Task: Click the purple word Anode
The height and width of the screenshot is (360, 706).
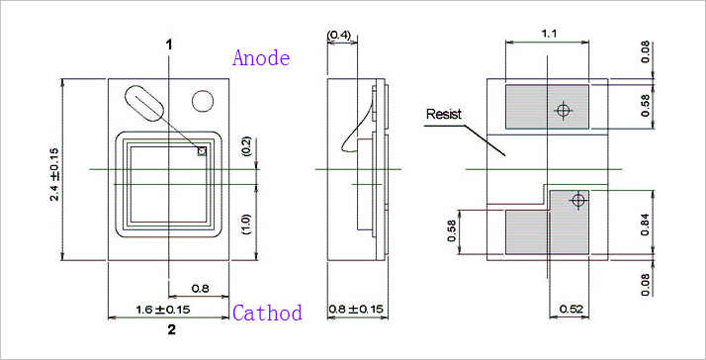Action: (x=261, y=57)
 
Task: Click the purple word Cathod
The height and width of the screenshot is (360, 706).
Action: (x=267, y=313)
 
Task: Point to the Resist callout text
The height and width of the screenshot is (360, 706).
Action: (x=444, y=114)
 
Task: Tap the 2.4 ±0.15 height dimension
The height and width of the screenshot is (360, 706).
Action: (x=54, y=170)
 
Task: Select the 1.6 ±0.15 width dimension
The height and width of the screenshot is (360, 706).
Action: (x=163, y=310)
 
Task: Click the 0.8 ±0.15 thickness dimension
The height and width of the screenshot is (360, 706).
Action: (x=356, y=310)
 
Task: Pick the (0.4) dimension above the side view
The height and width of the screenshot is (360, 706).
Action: (x=342, y=35)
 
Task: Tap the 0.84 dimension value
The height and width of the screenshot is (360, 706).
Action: (x=646, y=222)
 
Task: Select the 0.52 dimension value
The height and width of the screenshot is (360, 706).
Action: (x=571, y=310)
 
